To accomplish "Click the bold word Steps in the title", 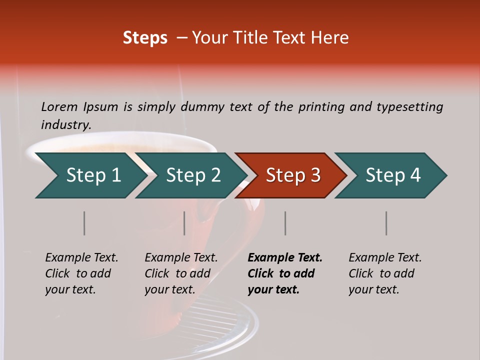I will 145,38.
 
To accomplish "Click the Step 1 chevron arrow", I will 90,175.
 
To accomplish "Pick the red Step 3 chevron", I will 291,175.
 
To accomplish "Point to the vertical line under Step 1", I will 84,223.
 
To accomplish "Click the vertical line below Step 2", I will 184,223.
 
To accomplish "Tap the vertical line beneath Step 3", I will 285,223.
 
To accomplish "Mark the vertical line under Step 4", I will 386,223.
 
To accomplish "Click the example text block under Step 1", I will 81,273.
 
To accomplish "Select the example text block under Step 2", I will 181,273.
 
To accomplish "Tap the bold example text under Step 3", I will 285,273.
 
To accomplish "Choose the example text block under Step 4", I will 385,273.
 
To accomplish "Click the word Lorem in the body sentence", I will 59,106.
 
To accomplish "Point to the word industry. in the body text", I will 66,124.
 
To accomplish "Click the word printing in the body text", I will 321,106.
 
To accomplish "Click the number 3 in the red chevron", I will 315,175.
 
